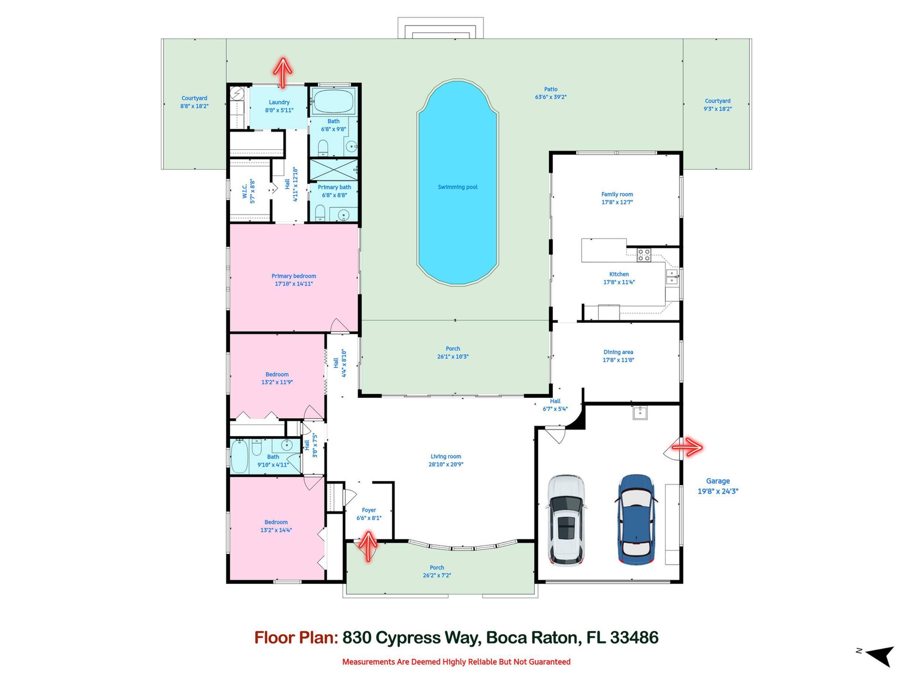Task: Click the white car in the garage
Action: (x=566, y=520)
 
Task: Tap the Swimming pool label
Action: (x=457, y=187)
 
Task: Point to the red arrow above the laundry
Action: (x=283, y=72)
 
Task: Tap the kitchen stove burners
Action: (x=643, y=255)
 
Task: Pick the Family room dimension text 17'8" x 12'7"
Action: (x=617, y=202)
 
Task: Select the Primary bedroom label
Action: (x=294, y=276)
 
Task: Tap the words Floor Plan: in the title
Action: (x=295, y=638)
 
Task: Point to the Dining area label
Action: (x=618, y=352)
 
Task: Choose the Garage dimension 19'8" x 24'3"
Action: (x=717, y=491)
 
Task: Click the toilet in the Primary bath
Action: (x=320, y=213)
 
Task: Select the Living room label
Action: (x=445, y=456)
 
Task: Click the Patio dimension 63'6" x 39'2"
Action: (x=551, y=97)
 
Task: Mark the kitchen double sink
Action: (x=672, y=277)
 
